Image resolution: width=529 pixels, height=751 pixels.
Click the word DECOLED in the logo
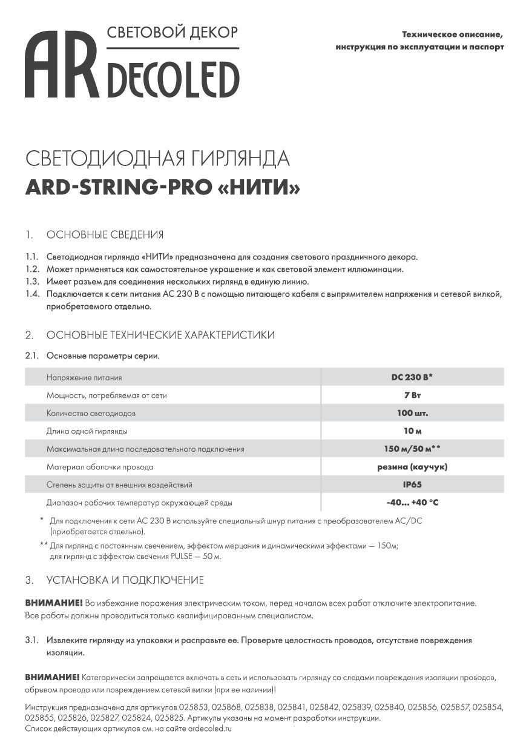[x=173, y=79]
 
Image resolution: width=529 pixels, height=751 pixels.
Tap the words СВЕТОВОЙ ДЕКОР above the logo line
[x=172, y=32]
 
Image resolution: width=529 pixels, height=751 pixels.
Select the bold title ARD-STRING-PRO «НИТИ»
[x=163, y=188]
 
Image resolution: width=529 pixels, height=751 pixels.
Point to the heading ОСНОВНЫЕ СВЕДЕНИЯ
[x=105, y=235]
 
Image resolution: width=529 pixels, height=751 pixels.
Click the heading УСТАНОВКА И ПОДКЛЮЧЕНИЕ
[x=125, y=580]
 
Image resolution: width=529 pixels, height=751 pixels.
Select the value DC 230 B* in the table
[x=412, y=377]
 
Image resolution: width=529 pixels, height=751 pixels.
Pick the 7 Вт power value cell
[x=412, y=395]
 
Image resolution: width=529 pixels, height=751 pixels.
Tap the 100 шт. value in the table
[x=412, y=413]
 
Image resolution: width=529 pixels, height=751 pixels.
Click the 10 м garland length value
[x=412, y=431]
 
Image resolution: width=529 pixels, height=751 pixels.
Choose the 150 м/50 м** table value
[x=412, y=449]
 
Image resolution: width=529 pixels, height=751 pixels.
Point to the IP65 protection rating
[x=412, y=485]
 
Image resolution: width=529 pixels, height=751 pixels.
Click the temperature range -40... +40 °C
[x=412, y=503]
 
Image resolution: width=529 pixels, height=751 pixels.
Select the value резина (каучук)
[x=412, y=467]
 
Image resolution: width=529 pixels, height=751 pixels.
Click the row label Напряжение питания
[x=84, y=378]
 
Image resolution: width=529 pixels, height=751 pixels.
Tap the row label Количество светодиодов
[x=91, y=414]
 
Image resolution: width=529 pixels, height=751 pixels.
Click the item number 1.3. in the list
[x=32, y=282]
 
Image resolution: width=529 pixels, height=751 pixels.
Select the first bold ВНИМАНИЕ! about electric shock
[x=54, y=604]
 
